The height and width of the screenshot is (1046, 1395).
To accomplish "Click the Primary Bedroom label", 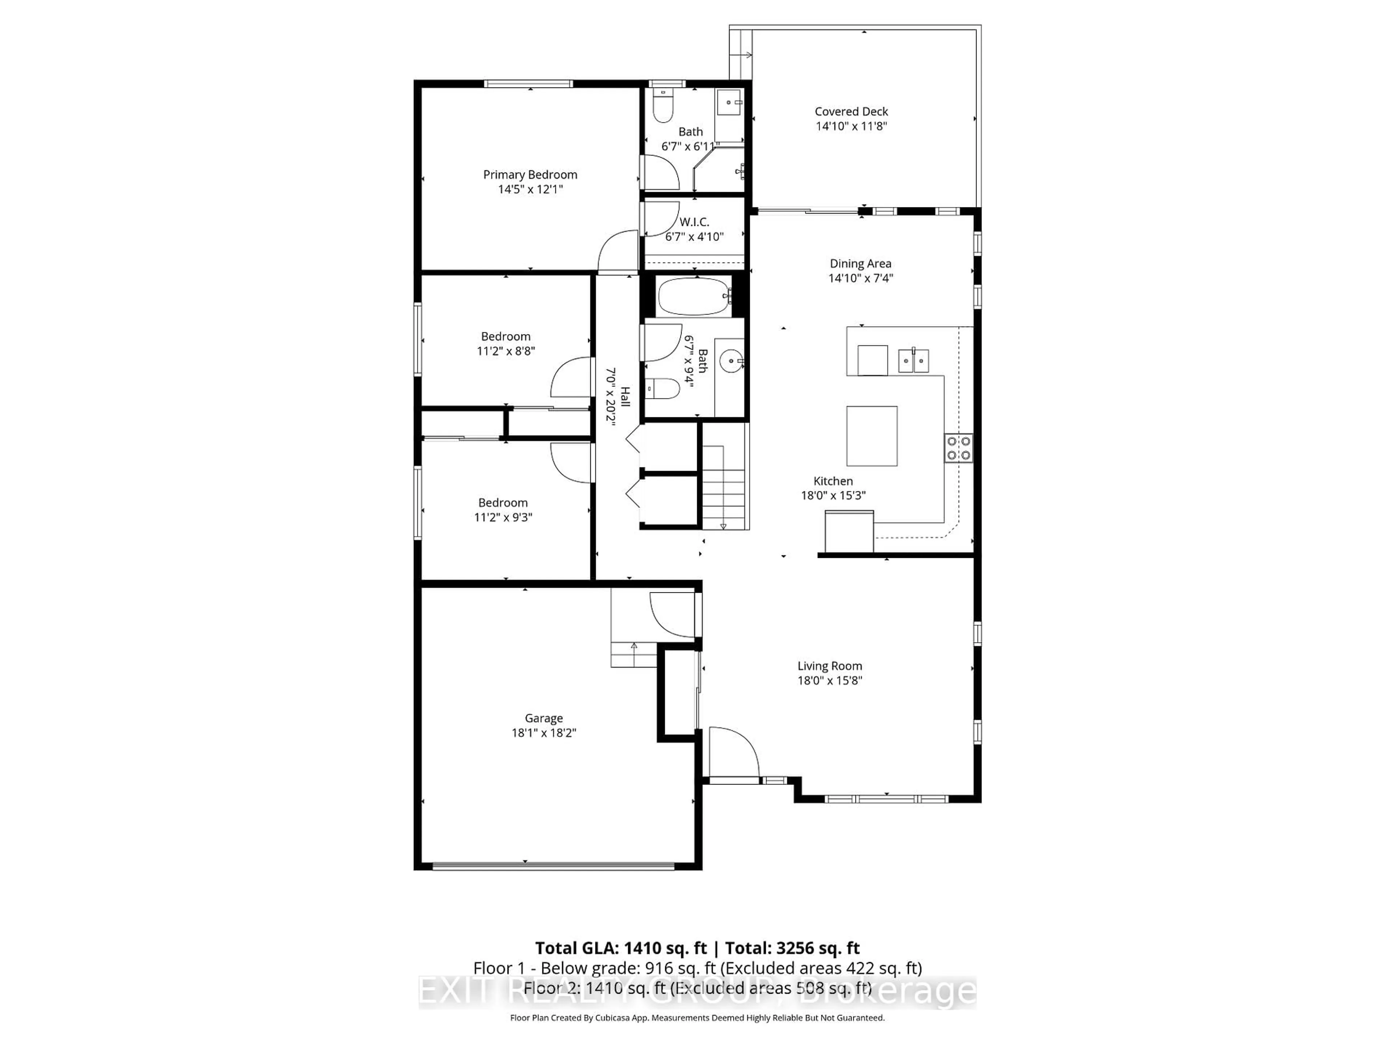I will pyautogui.click(x=530, y=175).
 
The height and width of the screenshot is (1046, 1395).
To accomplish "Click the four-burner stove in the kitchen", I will pyautogui.click(x=958, y=448).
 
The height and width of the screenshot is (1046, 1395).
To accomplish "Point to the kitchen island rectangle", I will pyautogui.click(x=872, y=436).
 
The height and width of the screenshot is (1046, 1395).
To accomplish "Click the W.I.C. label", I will pyautogui.click(x=694, y=222).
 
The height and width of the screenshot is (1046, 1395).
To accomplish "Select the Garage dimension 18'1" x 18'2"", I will pyautogui.click(x=543, y=733).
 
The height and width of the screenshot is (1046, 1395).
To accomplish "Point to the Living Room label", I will pyautogui.click(x=829, y=666).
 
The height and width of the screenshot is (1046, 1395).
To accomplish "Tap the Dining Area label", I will pyautogui.click(x=860, y=264).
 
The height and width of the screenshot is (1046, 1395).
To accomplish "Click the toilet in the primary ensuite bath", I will pyautogui.click(x=663, y=107).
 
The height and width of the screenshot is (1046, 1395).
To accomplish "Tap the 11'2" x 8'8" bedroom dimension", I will pyautogui.click(x=506, y=351).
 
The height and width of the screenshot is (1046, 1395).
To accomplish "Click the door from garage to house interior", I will pyautogui.click(x=674, y=615).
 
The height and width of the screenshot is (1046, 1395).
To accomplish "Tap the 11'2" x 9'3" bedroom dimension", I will pyautogui.click(x=503, y=518).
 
